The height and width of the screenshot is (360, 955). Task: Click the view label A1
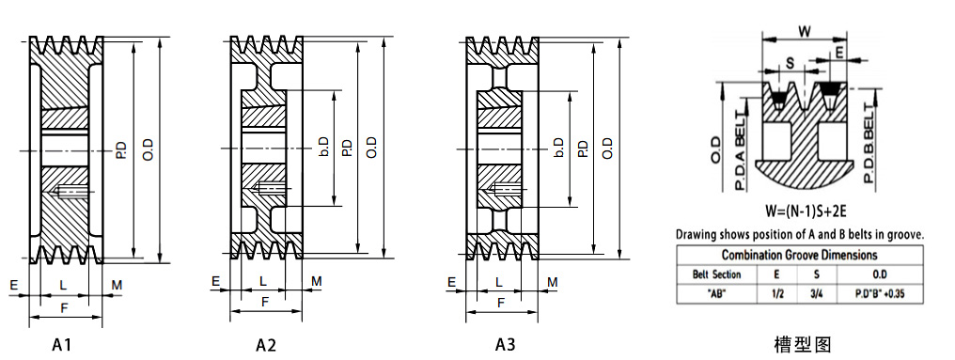click(x=61, y=345)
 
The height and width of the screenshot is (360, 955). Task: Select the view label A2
click(x=266, y=345)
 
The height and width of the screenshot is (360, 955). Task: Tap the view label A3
click(x=505, y=345)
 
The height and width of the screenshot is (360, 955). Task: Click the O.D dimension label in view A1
click(x=148, y=149)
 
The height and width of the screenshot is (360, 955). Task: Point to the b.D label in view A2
click(x=323, y=148)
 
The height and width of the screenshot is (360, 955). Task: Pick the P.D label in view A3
click(x=582, y=148)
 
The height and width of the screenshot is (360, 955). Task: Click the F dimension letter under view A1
click(x=64, y=308)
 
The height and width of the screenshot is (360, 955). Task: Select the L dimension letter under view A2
click(x=263, y=281)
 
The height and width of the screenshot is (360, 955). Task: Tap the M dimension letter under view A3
click(x=553, y=282)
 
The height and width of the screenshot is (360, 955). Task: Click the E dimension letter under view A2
click(x=215, y=281)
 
